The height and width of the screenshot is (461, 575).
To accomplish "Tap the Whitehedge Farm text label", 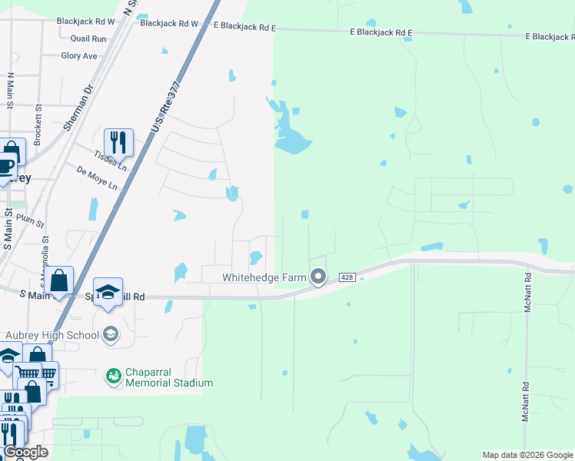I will (264, 277).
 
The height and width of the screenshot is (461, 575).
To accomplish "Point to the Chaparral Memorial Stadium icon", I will (113, 376).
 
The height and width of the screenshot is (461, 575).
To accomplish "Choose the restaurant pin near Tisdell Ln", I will (118, 142).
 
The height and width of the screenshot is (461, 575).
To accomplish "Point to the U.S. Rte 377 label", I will (165, 106).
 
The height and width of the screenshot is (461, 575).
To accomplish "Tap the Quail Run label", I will (88, 38).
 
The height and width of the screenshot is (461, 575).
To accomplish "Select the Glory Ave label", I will (79, 56).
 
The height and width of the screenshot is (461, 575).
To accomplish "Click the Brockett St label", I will (37, 119).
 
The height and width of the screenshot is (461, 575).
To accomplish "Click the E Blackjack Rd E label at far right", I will (549, 37).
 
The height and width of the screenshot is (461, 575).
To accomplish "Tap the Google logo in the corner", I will (25, 452).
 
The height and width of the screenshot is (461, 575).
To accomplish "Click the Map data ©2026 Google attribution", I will (527, 455).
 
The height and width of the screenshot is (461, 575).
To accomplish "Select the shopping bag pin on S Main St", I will (59, 281).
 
